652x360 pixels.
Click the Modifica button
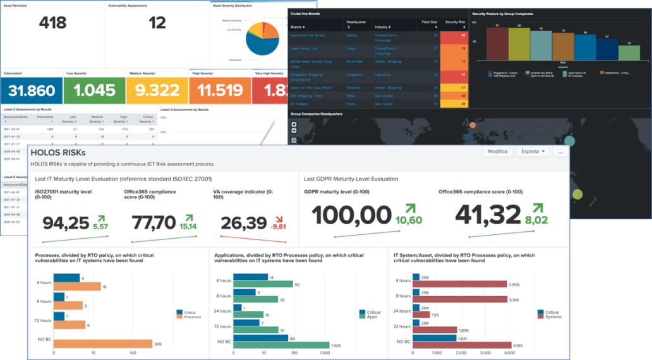tap(497, 152)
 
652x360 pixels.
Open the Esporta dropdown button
tap(532, 152)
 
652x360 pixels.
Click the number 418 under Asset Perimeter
tap(52, 23)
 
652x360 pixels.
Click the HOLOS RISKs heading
tap(58, 152)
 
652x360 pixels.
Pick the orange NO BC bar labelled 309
tap(103, 344)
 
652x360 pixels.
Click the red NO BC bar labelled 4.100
tap(461, 345)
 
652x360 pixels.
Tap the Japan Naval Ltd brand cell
tap(305, 47)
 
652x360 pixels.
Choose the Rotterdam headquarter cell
tap(355, 61)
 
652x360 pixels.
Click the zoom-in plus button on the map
tap(294, 124)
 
